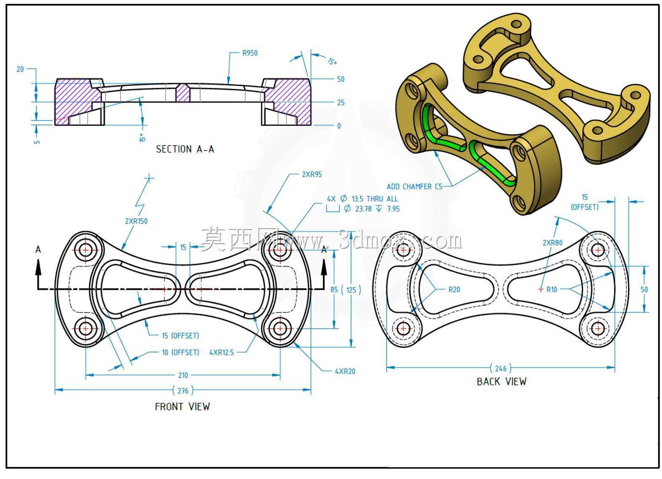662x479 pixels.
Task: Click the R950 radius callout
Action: [250, 53]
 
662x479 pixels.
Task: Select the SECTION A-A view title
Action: [185, 149]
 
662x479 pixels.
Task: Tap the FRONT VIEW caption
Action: [183, 407]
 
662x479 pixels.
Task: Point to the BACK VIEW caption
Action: [501, 382]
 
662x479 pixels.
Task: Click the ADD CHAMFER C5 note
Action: [414, 187]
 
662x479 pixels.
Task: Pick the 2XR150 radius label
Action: [136, 221]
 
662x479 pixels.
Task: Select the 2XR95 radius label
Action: [312, 175]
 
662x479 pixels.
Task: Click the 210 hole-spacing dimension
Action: [183, 375]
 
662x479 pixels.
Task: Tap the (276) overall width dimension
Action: [183, 391]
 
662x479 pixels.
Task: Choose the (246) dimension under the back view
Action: [500, 368]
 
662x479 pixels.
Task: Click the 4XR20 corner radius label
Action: [345, 371]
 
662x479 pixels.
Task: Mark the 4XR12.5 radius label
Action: [221, 352]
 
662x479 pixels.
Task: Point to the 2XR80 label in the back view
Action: [552, 243]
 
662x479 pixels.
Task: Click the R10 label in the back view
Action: [551, 290]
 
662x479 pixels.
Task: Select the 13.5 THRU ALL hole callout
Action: [374, 199]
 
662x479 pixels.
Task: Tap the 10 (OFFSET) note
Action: [180, 352]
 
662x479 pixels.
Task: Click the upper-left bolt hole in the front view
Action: [85, 250]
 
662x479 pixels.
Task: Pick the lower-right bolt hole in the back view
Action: [598, 328]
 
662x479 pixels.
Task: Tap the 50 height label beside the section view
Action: [340, 79]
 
